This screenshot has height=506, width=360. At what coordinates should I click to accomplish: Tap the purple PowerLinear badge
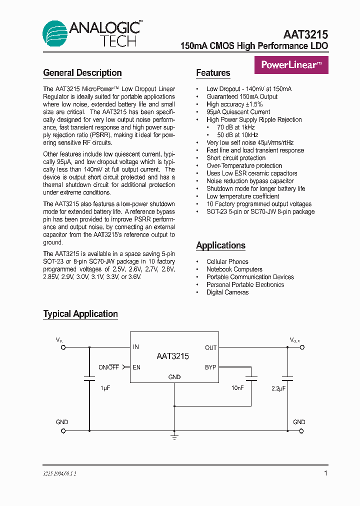291,65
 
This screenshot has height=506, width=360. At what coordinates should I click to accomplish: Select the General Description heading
82,73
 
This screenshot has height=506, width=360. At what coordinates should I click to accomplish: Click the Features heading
213,73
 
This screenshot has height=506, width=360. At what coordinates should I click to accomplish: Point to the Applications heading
220,245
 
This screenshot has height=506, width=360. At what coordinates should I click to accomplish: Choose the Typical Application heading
80,314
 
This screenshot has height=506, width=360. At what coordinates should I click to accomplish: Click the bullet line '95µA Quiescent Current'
238,112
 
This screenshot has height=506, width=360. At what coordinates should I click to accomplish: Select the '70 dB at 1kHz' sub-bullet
237,127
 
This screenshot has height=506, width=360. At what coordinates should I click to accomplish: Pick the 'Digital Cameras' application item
227,292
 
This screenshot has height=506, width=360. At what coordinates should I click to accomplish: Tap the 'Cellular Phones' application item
227,261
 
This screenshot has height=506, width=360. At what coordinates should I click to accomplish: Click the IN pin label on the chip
136,347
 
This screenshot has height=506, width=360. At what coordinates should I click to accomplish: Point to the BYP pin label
210,367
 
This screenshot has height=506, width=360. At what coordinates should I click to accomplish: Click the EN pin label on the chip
136,367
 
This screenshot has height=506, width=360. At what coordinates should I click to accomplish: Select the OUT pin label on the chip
210,347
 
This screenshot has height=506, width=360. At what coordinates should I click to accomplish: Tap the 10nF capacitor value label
237,388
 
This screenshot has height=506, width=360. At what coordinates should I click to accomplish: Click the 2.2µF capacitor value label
278,388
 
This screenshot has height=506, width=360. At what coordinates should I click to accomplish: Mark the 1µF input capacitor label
104,388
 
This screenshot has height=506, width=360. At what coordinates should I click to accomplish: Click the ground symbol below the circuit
174,437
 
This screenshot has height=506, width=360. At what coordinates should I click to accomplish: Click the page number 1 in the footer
325,473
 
